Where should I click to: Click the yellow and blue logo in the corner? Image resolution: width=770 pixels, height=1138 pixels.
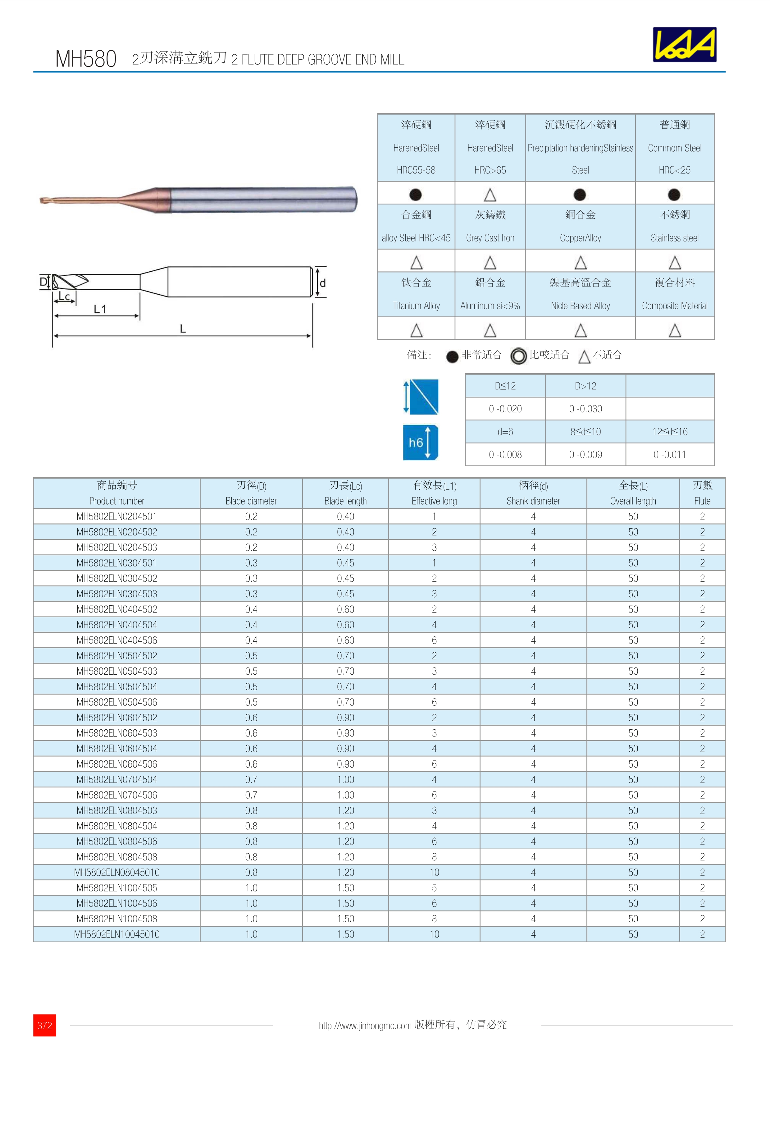click(x=684, y=44)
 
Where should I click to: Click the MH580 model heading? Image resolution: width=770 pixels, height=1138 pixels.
click(x=86, y=59)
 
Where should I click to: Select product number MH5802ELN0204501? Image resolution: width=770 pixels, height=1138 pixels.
click(x=116, y=516)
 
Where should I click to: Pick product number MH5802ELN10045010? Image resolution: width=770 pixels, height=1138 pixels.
click(x=116, y=934)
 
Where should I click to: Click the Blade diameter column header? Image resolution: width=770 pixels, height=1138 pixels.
click(x=251, y=493)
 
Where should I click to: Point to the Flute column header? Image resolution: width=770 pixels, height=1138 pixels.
click(x=702, y=493)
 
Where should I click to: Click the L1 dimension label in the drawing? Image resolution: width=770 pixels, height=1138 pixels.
click(x=100, y=309)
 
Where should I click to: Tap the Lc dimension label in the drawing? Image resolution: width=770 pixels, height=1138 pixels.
click(x=64, y=296)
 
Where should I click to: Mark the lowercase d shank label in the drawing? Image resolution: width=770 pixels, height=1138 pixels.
click(x=323, y=283)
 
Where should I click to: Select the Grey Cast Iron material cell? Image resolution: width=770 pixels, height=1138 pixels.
click(x=490, y=226)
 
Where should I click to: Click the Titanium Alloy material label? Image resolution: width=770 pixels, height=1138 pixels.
click(x=416, y=305)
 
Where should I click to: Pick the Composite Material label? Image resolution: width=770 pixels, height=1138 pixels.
click(x=675, y=305)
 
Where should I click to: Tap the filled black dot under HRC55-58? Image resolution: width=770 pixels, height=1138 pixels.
click(x=416, y=195)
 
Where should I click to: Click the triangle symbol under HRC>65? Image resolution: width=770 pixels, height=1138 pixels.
click(x=490, y=195)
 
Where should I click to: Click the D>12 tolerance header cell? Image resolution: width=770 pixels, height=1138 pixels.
click(x=585, y=386)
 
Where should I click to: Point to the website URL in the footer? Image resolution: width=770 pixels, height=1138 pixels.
click(x=365, y=1026)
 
